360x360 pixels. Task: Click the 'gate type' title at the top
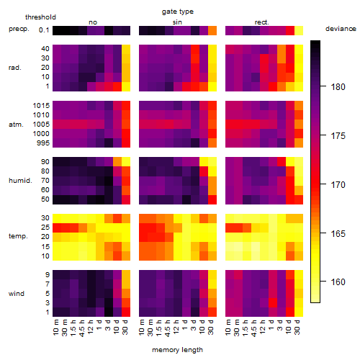[x=178, y=12]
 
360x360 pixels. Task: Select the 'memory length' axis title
[x=177, y=350]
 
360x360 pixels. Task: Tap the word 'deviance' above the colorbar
[x=341, y=29]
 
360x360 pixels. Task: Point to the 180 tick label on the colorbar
[x=338, y=86]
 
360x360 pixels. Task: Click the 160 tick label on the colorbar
[x=338, y=282]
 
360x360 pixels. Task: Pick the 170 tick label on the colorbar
[x=338, y=184]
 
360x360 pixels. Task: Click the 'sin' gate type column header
[x=177, y=22]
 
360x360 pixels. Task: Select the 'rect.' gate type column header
[x=261, y=22]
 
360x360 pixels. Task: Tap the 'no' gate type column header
[x=93, y=22]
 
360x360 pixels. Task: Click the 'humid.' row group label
[x=20, y=181]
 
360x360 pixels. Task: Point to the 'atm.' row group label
[x=16, y=125]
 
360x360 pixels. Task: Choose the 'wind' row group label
[x=17, y=294]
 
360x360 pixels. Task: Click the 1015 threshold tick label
[x=41, y=106]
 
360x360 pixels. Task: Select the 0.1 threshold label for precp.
[x=44, y=30]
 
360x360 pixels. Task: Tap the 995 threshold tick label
[x=43, y=143]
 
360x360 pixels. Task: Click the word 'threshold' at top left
[x=40, y=17]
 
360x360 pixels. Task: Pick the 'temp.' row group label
[x=18, y=236]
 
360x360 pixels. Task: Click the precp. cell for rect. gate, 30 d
[x=299, y=30]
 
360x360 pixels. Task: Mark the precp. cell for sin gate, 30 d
[x=212, y=30]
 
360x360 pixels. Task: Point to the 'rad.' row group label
[x=15, y=68]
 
